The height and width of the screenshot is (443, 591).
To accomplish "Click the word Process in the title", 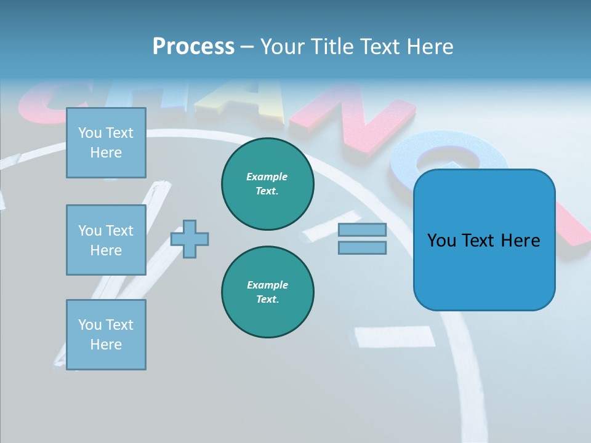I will click(193, 47).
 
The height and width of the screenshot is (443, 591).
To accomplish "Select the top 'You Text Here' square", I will click(106, 143).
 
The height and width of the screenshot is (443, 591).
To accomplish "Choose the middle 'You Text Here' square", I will click(106, 240).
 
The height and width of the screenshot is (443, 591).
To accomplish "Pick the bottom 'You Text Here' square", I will click(106, 335).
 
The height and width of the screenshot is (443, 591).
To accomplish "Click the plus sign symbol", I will click(190, 239).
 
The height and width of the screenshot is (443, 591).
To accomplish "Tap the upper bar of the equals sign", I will click(362, 230).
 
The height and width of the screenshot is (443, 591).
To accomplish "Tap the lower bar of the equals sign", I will click(362, 247).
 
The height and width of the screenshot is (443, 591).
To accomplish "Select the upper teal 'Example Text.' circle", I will click(268, 184).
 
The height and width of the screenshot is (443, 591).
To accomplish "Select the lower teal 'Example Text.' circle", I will click(268, 292).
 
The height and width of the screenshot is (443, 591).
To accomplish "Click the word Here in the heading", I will click(429, 47).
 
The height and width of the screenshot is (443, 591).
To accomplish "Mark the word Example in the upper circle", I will click(267, 177).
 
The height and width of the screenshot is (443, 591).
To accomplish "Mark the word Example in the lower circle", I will click(268, 285).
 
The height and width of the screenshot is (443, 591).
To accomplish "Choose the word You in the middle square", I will click(89, 231).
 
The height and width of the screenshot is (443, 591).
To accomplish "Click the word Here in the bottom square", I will click(106, 345).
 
